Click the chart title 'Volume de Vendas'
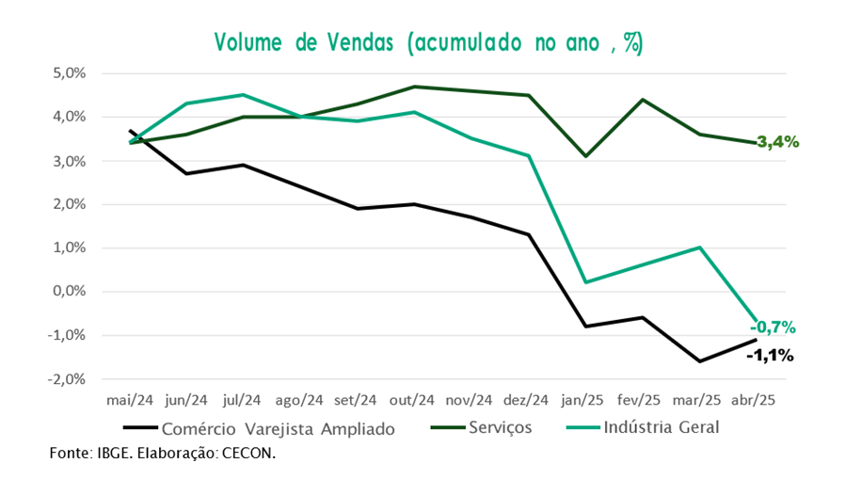(x=304, y=42)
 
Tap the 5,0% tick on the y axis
(x=70, y=73)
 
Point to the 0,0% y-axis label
(x=70, y=291)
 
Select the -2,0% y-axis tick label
(x=67, y=379)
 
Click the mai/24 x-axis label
(x=130, y=400)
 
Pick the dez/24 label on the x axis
(x=525, y=400)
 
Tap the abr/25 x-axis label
(x=753, y=400)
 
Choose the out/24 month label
(x=412, y=400)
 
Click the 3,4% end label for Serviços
(x=777, y=142)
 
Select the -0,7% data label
(x=773, y=327)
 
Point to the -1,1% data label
(x=770, y=356)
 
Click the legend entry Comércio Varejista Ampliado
(x=259, y=428)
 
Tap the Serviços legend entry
(x=481, y=427)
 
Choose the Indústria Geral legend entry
(x=643, y=427)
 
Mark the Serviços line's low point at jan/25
(x=586, y=156)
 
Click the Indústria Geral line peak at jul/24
(x=244, y=94)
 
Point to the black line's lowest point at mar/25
(x=699, y=361)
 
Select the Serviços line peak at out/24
(x=415, y=87)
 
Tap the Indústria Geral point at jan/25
(x=586, y=282)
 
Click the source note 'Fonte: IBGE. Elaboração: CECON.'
(x=163, y=454)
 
